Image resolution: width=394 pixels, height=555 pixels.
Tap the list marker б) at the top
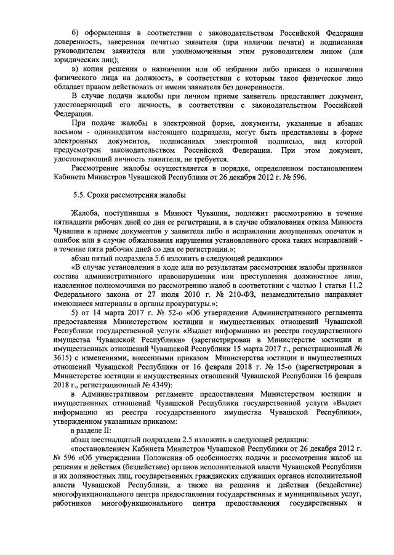pos(75,32)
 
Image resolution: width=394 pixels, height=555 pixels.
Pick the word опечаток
pos(348,232)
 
